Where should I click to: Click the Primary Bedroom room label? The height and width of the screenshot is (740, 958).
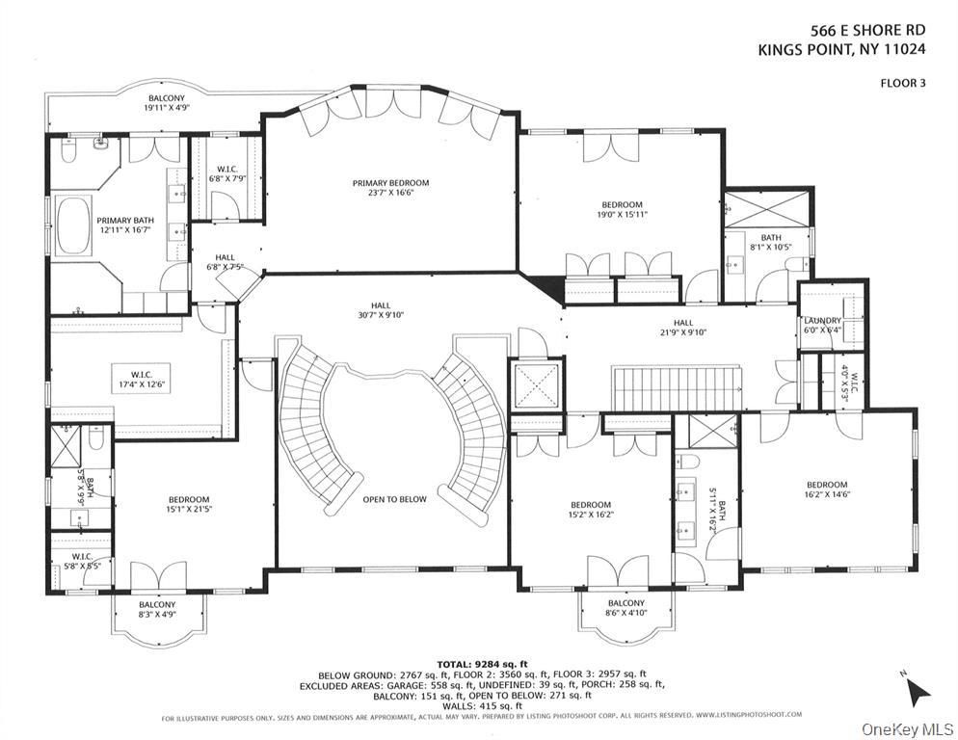pyautogui.click(x=390, y=188)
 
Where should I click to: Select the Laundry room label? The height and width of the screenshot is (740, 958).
pyautogui.click(x=822, y=325)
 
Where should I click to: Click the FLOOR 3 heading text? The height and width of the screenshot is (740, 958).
pyautogui.click(x=902, y=83)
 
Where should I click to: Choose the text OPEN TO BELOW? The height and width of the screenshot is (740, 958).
pyautogui.click(x=394, y=499)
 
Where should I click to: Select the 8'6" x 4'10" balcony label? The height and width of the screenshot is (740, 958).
pyautogui.click(x=625, y=608)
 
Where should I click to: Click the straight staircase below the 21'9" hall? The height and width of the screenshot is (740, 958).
pyautogui.click(x=677, y=388)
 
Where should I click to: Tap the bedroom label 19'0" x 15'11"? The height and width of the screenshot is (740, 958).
pyautogui.click(x=622, y=209)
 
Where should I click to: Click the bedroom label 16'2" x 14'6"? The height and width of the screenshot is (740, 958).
pyautogui.click(x=827, y=489)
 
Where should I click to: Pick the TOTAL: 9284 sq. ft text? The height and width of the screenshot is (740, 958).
pyautogui.click(x=482, y=665)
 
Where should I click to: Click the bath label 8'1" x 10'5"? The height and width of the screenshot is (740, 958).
pyautogui.click(x=770, y=242)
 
